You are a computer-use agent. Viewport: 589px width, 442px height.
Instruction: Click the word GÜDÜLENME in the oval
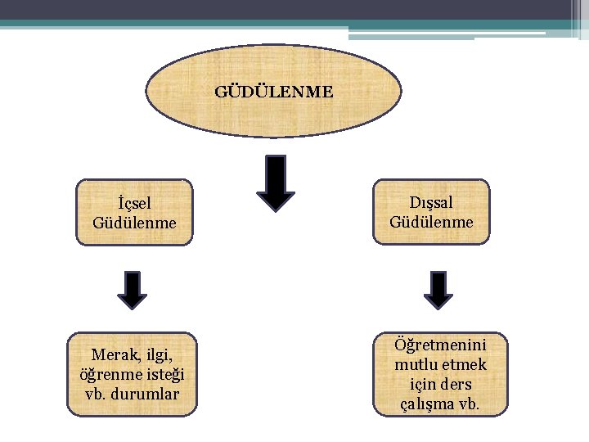click(274, 92)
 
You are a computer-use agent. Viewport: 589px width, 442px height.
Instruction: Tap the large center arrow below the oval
click(276, 185)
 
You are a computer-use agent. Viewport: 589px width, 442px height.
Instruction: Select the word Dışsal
click(431, 202)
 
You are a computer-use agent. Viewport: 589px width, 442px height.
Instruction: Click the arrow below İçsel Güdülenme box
click(132, 290)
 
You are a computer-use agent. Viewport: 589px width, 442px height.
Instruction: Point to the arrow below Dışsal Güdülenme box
click(438, 290)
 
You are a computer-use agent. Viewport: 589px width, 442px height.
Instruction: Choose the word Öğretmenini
click(440, 345)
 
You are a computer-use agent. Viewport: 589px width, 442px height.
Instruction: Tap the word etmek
click(463, 364)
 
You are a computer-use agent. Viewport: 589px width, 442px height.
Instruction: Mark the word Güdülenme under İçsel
click(135, 222)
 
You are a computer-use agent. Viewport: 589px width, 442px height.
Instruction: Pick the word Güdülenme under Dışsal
click(431, 221)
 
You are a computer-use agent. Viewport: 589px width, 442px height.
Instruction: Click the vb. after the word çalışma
click(470, 404)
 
